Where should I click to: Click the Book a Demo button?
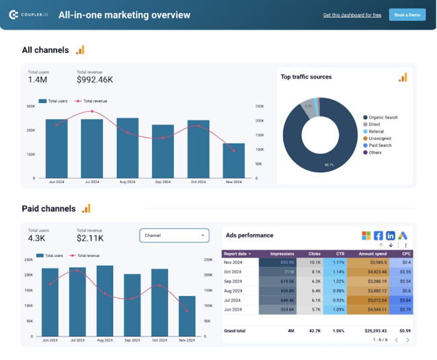[407, 15]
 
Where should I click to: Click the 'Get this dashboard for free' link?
[352, 15]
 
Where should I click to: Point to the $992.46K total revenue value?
[95, 80]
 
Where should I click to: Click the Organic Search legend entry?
[383, 117]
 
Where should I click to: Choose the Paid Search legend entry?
[380, 145]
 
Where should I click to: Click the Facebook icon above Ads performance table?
[379, 236]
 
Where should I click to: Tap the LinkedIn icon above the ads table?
[391, 236]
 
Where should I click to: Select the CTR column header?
[340, 254]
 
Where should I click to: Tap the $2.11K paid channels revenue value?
[90, 238]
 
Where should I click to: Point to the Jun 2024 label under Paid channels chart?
[50, 340]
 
